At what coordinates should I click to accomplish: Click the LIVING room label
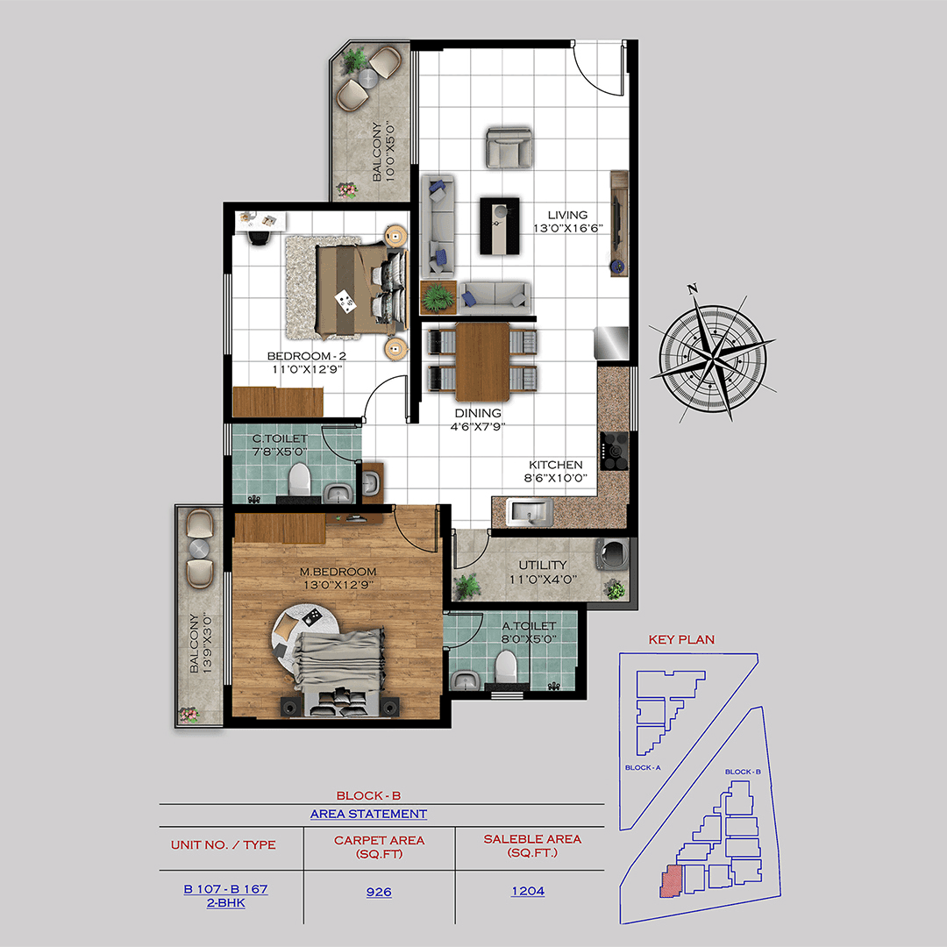567,215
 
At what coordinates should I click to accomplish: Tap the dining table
482,359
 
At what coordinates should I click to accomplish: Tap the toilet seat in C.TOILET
300,481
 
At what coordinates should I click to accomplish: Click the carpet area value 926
379,892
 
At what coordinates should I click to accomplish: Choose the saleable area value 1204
528,892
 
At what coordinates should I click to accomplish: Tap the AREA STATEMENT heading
368,814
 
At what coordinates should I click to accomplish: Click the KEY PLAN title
680,640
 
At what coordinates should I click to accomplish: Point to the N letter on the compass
693,288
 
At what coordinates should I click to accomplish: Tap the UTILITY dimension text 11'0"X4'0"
542,580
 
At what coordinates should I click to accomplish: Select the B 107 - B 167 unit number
225,889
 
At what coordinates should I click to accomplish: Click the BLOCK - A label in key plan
644,767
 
